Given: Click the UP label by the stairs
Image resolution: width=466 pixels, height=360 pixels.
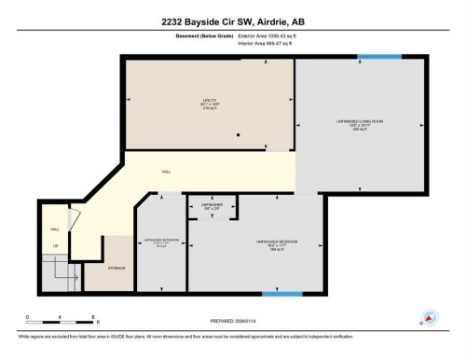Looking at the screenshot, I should (55, 246).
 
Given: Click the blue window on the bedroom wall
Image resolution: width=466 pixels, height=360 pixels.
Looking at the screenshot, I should (281, 295).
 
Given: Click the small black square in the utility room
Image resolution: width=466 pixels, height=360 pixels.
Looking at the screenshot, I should (239, 136).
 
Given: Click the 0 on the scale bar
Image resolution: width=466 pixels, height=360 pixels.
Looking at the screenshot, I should (27, 318).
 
